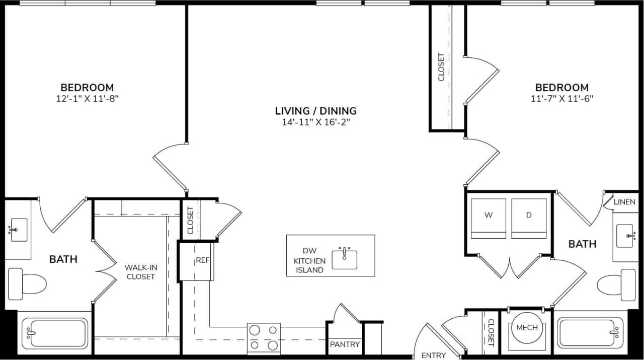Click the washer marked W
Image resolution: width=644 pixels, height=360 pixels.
(488, 218)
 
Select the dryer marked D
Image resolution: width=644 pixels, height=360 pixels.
(529, 218)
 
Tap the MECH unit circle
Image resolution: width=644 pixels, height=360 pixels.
(527, 328)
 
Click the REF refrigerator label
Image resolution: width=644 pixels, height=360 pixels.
(202, 261)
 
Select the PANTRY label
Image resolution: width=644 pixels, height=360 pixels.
(345, 344)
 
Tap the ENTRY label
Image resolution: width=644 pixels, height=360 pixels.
(434, 355)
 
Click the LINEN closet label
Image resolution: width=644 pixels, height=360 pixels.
(624, 202)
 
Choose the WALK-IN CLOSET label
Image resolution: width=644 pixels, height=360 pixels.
(140, 272)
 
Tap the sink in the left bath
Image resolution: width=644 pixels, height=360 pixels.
(19, 230)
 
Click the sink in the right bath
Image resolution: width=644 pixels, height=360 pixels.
(625, 236)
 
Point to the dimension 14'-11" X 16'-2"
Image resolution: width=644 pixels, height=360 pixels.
(315, 122)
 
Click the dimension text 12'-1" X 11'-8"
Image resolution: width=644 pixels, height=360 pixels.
(87, 99)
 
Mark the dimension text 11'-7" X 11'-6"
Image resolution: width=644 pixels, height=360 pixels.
(561, 99)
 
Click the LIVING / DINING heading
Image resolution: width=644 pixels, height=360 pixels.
(315, 111)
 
